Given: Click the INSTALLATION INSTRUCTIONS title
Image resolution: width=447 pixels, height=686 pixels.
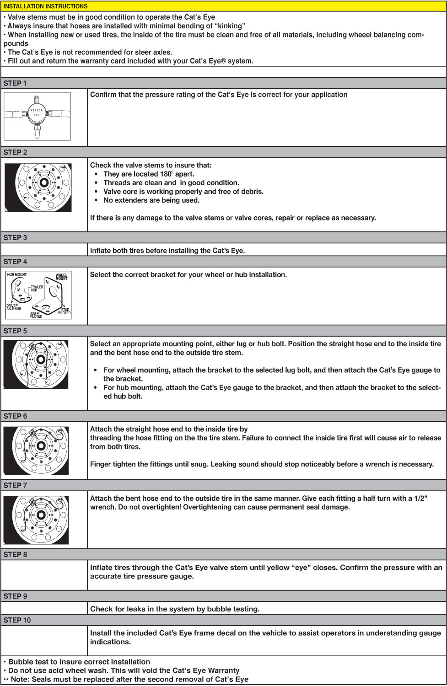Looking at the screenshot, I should click(45, 6).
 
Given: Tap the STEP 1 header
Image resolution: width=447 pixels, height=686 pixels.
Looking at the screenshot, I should click(15, 83).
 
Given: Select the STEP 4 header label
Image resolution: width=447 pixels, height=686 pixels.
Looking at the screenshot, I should click(15, 262).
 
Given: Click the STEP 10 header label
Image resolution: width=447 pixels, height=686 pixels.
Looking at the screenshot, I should click(17, 620).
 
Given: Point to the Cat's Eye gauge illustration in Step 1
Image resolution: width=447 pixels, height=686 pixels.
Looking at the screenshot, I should click(37, 116).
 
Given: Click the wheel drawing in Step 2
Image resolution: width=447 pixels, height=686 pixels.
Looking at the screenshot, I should click(38, 188).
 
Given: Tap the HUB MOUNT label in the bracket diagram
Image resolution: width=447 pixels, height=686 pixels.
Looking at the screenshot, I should click(17, 275).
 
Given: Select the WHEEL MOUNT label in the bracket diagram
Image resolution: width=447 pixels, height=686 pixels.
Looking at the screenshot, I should click(61, 277).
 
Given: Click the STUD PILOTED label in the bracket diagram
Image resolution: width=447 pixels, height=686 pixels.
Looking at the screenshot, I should click(65, 311).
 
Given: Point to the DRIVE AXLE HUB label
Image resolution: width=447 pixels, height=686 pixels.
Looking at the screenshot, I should click(13, 307).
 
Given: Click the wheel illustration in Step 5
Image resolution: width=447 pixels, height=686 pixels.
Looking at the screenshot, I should click(36, 364).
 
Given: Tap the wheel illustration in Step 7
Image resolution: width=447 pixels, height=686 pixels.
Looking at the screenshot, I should click(36, 520).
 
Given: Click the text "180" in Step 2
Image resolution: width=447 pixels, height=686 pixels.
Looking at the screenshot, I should click(165, 174).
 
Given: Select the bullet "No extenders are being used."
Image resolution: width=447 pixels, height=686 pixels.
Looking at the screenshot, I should click(151, 200).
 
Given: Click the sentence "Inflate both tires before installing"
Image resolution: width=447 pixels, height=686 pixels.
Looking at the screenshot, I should click(167, 251).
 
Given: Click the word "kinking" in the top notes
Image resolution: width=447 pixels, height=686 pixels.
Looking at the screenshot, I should click(230, 26).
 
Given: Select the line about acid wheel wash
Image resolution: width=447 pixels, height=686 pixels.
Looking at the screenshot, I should click(124, 670).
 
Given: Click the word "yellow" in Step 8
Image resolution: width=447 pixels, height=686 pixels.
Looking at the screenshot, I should click(278, 568).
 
